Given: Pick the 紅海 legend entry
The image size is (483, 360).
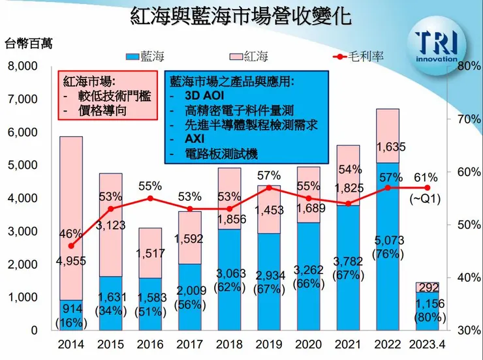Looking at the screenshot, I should coord(245,57).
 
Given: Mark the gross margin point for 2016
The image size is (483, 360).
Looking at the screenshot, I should coord(151,198).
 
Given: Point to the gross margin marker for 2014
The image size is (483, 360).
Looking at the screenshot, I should coord(71,246).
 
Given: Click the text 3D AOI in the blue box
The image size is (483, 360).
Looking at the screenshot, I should coord(196,96).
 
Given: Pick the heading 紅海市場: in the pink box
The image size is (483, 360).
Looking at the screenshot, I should coord(89,82).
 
